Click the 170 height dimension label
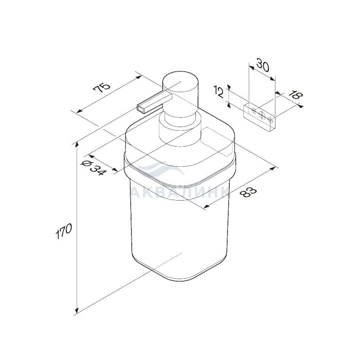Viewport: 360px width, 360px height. coord(64,231)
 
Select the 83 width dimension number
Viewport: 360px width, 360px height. coord(248,192)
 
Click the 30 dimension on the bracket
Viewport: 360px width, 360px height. coord(262,65)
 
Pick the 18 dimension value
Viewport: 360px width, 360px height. coord(296,95)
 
